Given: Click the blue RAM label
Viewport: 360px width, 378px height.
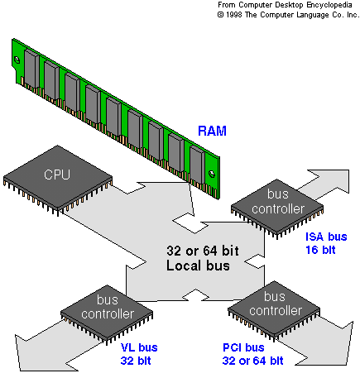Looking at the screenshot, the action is point(212,131).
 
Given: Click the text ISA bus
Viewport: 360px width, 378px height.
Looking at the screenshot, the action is point(326,237).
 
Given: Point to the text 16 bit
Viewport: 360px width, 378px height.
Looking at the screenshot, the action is point(320,250).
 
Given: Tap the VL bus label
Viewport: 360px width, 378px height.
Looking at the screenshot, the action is point(139,347).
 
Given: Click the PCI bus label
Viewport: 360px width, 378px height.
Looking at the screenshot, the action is point(243,347).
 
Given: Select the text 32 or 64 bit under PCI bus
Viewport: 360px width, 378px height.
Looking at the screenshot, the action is point(252,361).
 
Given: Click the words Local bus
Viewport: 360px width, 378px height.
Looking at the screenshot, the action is point(198,266).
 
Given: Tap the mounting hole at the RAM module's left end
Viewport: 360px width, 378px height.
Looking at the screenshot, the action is point(17,60).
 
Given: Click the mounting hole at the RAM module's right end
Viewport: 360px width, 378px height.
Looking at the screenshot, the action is point(212,174).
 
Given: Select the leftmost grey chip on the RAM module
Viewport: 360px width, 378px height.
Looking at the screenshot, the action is point(31,69).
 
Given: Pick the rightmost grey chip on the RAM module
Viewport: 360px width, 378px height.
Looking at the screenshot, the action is point(197,165).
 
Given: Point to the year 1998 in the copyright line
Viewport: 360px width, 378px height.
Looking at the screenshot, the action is point(234,15).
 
